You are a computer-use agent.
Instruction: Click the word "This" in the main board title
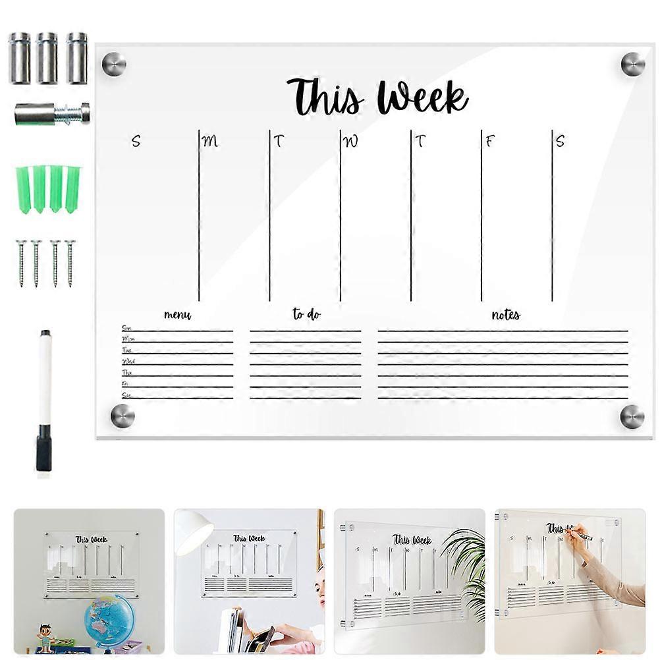click(x=325, y=97)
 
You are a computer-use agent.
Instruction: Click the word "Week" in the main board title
click(x=422, y=97)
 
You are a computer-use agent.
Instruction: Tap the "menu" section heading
click(x=177, y=316)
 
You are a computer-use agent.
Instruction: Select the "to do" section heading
click(x=306, y=315)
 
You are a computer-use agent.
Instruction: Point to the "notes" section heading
click(x=506, y=315)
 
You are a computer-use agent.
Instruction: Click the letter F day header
click(x=489, y=141)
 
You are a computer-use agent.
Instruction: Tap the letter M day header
click(x=209, y=141)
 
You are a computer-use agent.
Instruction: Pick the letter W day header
click(x=352, y=141)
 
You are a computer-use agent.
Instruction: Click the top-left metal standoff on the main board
click(x=113, y=64)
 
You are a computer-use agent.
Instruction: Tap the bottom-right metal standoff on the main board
click(x=632, y=416)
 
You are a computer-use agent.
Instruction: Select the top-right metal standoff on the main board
click(x=633, y=64)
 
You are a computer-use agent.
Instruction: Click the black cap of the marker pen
click(x=44, y=448)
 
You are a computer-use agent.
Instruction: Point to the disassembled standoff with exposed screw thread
click(x=52, y=113)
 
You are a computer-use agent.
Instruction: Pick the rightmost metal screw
click(x=70, y=262)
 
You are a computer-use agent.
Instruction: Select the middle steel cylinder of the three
click(x=47, y=58)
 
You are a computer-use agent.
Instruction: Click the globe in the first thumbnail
click(x=109, y=620)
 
